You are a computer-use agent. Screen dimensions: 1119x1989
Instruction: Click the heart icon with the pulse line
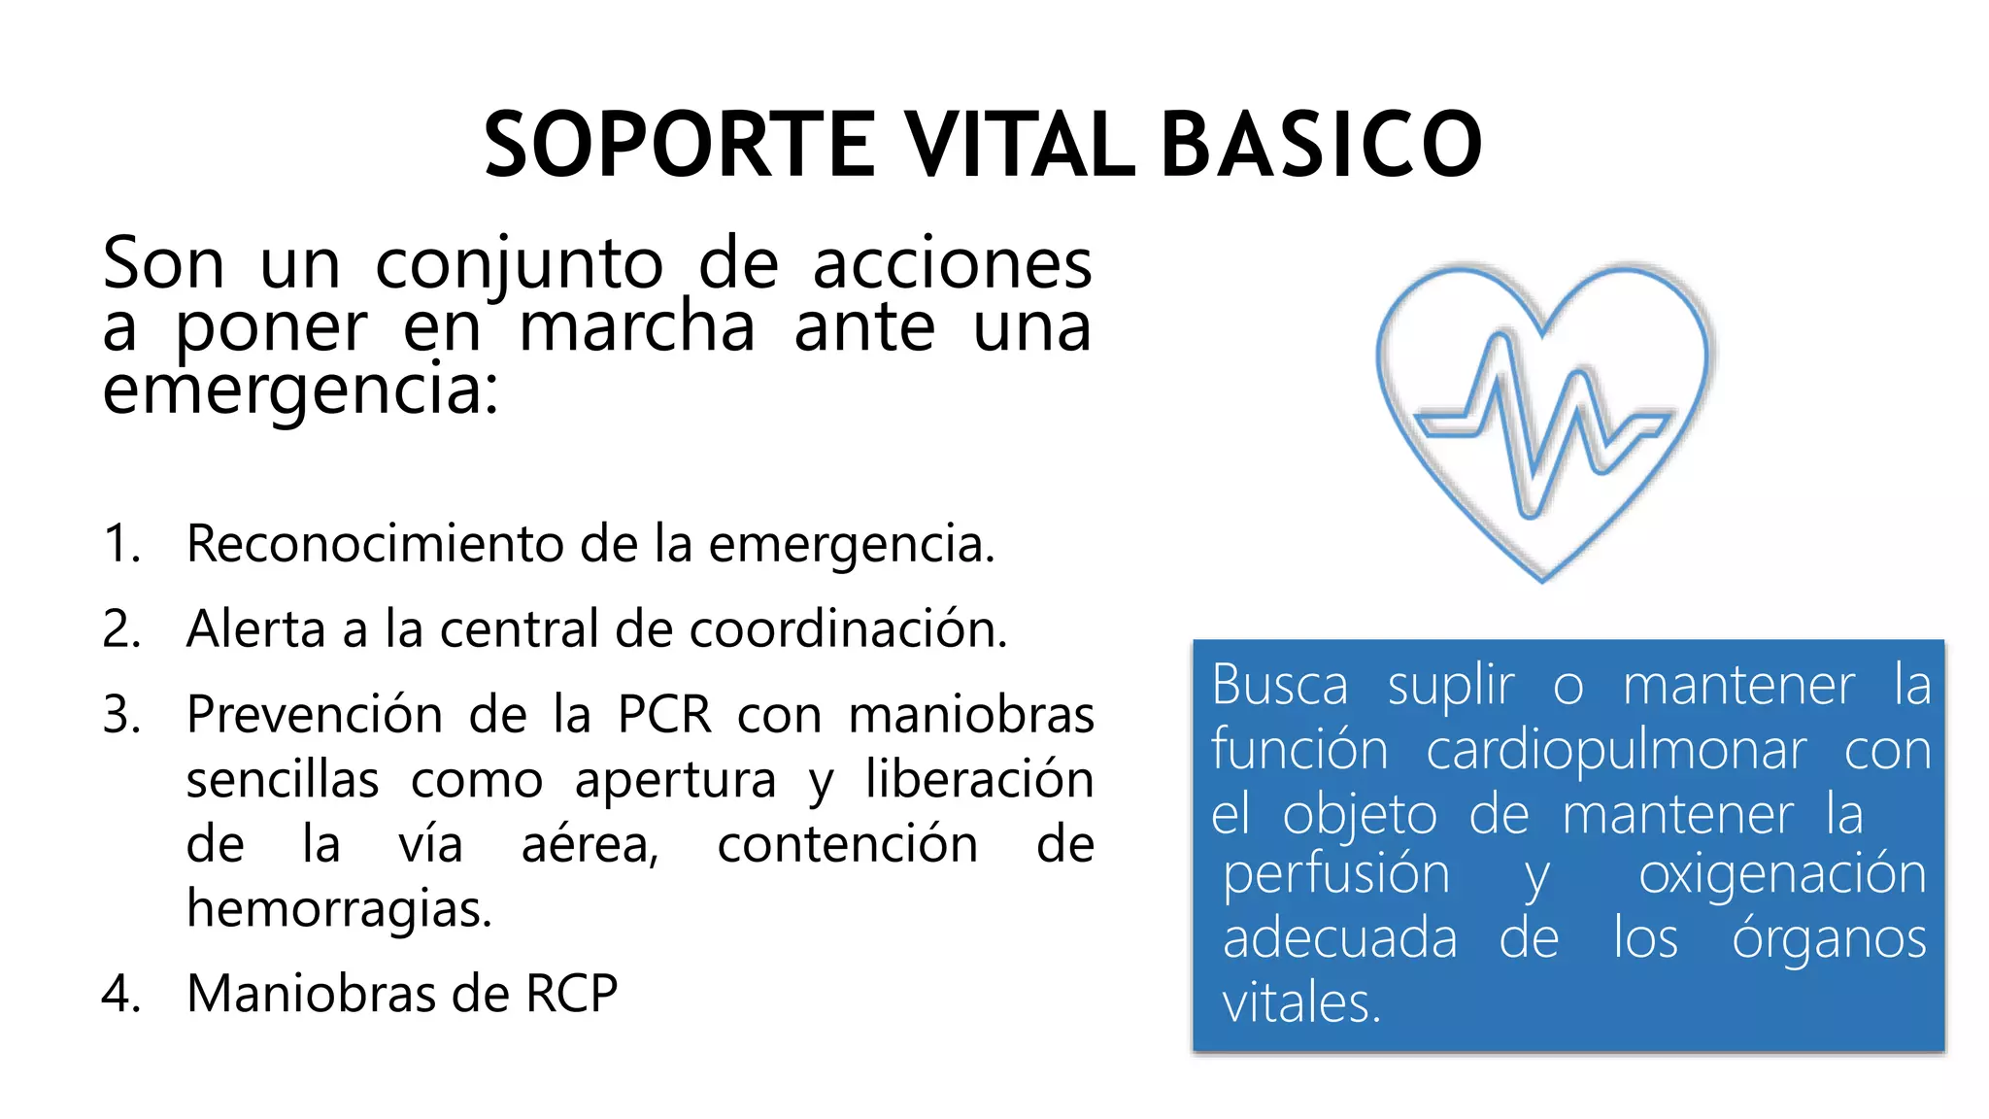1544,418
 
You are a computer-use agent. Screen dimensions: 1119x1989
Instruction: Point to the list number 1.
121,543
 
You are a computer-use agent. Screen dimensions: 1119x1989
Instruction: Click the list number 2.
121,628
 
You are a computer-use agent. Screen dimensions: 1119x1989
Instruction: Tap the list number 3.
121,715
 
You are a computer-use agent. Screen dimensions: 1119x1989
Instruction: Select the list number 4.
121,994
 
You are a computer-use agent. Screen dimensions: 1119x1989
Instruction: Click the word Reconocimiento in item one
374,543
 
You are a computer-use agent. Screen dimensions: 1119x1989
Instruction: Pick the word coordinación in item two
848,628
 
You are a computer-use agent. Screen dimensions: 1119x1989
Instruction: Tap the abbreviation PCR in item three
664,715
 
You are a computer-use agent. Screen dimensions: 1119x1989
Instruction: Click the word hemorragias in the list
339,909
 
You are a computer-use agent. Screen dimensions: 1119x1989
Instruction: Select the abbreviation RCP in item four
571,994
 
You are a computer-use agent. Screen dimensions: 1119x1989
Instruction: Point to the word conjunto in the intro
519,264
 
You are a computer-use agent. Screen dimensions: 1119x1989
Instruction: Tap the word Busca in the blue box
1280,685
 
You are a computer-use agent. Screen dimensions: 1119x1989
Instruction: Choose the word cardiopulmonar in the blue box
1616,751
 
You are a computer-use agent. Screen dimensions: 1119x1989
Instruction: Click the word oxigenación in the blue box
1782,874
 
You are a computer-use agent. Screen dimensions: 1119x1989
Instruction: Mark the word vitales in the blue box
1300,1003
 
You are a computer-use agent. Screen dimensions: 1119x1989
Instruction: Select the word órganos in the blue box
1829,938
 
